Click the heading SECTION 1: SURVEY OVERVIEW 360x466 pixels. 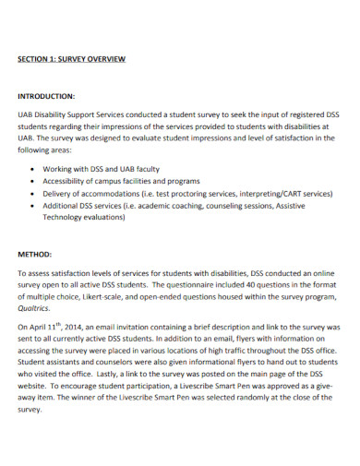[71, 59]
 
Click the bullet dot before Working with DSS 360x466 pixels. [33, 169]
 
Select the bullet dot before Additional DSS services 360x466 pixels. [33, 208]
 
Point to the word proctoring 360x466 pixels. [198, 195]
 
